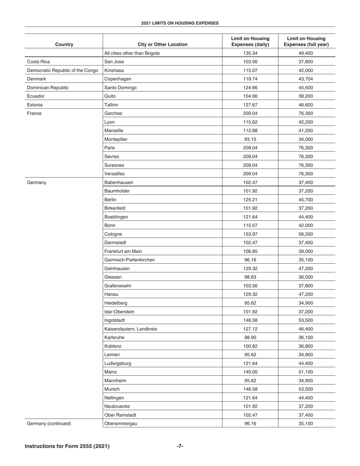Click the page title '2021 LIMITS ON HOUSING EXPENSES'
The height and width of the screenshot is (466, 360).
(x=180, y=23)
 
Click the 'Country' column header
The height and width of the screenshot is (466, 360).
(x=64, y=44)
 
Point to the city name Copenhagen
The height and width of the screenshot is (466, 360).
(x=117, y=79)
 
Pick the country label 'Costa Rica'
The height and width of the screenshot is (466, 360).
(x=38, y=62)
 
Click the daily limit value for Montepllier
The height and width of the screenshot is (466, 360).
(x=250, y=139)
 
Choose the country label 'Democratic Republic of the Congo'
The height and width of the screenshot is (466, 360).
(x=63, y=70)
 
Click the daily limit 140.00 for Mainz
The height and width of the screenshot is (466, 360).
(x=250, y=372)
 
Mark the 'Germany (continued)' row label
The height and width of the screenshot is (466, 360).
(x=49, y=424)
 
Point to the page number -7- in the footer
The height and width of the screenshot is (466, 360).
(x=180, y=446)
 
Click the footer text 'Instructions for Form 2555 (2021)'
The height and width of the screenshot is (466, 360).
(x=67, y=446)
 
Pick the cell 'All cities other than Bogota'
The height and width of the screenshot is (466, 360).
(x=132, y=53)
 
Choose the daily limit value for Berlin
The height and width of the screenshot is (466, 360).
(x=250, y=200)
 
